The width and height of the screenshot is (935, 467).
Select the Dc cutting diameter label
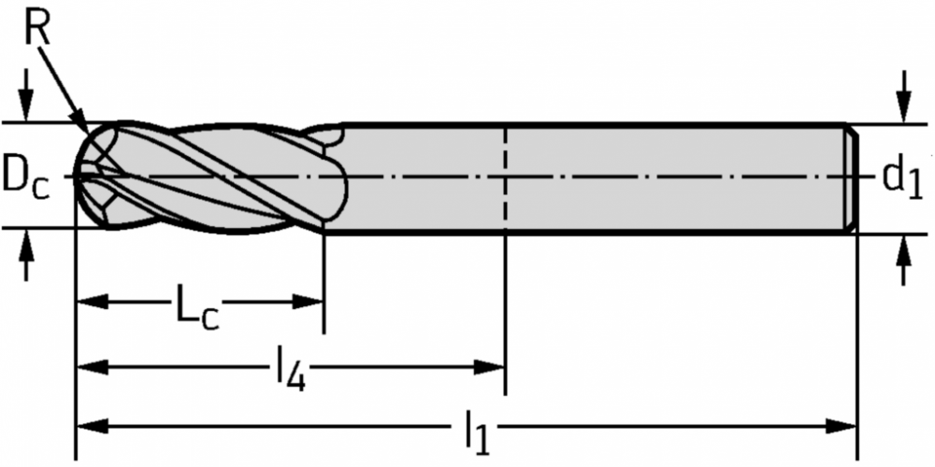pos(25,178)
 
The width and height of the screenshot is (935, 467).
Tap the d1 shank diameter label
pos(902,179)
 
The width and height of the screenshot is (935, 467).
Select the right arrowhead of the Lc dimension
pos(308,302)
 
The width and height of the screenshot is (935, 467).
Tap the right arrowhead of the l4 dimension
pos(490,366)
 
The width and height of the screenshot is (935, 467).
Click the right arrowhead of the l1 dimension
pos(841,426)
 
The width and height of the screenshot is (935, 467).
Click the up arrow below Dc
pos(24,254)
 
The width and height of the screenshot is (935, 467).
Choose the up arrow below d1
pos(904,259)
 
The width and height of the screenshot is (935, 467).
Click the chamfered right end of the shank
pos(853,177)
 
